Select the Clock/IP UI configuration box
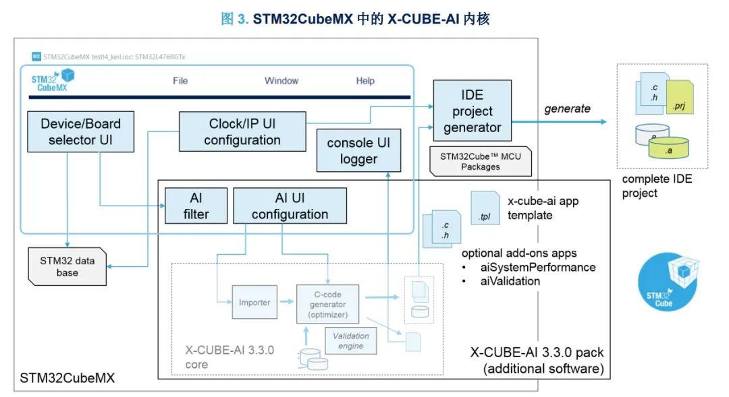tap(242, 132)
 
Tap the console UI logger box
tap(358, 151)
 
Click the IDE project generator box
tap(473, 111)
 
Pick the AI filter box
tap(196, 206)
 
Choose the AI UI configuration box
tap(290, 206)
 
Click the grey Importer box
tap(254, 303)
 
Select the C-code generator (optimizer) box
tap(327, 303)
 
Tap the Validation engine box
tap(350, 340)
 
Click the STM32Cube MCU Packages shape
tap(480, 160)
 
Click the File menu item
tap(180, 81)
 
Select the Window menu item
tap(281, 81)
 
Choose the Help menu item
tap(365, 81)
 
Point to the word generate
tap(568, 109)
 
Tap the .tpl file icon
tap(485, 208)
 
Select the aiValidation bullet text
tap(511, 281)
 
